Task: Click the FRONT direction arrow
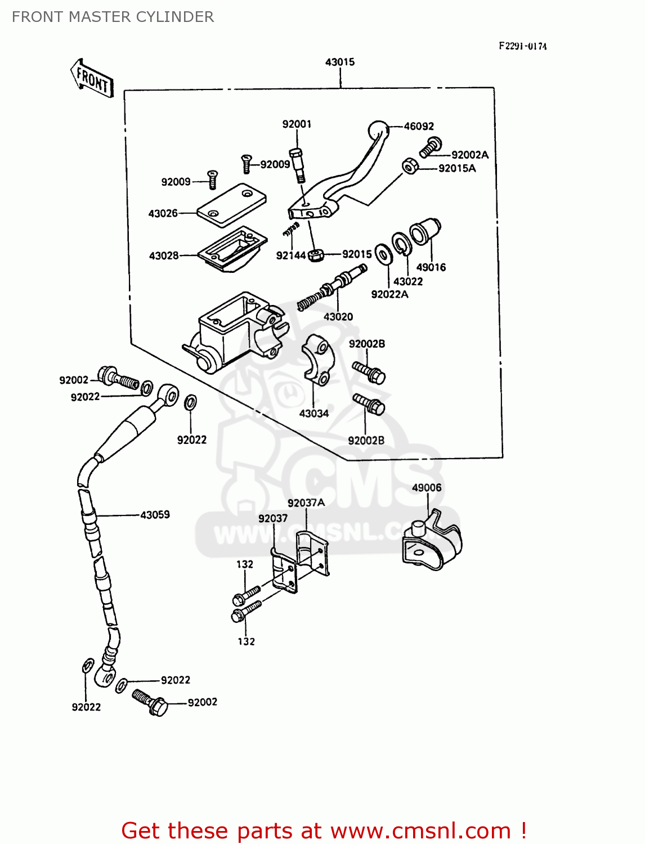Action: pyautogui.click(x=92, y=78)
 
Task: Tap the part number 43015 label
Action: pyautogui.click(x=340, y=62)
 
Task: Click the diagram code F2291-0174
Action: pyautogui.click(x=522, y=46)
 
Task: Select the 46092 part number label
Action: pyautogui.click(x=419, y=127)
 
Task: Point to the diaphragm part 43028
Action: pyautogui.click(x=232, y=249)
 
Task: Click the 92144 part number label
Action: pyautogui.click(x=290, y=255)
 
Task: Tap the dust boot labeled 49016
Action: pyautogui.click(x=425, y=231)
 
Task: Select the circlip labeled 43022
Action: pyautogui.click(x=402, y=244)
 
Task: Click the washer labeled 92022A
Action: pyautogui.click(x=384, y=254)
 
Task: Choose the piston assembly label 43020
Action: pyautogui.click(x=338, y=317)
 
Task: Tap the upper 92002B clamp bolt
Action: pyautogui.click(x=369, y=372)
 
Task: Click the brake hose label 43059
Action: pyautogui.click(x=155, y=514)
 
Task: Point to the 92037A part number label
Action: pyautogui.click(x=306, y=502)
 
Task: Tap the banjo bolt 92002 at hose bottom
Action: pyautogui.click(x=150, y=702)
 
